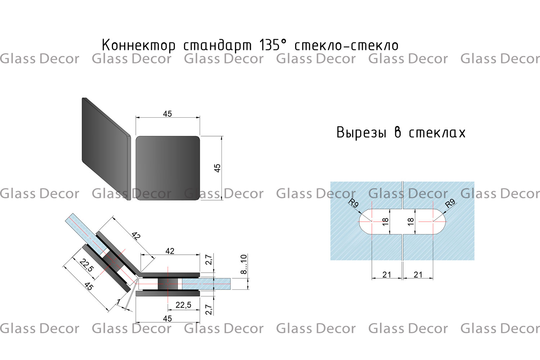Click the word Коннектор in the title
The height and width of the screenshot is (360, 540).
click(139, 45)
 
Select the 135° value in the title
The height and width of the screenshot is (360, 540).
click(273, 45)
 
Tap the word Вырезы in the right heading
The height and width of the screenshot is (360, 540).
click(361, 133)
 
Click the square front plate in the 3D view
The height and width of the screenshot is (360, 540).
click(168, 168)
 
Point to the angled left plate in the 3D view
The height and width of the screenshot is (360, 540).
click(106, 149)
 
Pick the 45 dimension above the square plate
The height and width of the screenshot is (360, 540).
click(167, 114)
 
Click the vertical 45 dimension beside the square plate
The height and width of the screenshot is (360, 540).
click(217, 168)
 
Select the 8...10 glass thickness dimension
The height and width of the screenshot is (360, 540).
click(244, 264)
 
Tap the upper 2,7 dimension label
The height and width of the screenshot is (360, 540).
click(209, 260)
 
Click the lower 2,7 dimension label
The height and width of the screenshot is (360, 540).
click(209, 310)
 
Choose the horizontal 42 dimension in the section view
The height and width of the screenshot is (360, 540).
click(170, 251)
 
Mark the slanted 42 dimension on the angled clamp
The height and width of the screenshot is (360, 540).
click(136, 236)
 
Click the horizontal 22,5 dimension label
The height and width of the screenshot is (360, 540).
click(183, 305)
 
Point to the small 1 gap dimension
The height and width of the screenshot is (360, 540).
click(118, 302)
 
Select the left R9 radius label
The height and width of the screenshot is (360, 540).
click(354, 203)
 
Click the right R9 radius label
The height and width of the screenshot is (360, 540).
click(450, 203)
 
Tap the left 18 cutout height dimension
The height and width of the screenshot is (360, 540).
click(386, 221)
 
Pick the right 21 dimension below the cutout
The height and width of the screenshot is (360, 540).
click(418, 275)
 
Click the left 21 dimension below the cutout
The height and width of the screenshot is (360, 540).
click(387, 275)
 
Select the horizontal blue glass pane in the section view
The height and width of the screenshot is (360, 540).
click(206, 284)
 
